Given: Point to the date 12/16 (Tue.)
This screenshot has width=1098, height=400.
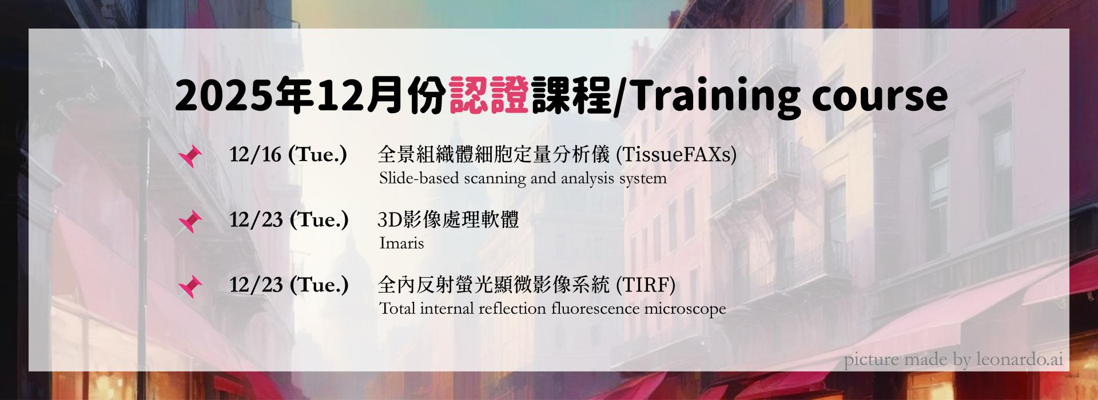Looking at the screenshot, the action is (x=288, y=154).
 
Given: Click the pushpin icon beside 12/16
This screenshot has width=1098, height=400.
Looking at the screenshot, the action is (x=190, y=156).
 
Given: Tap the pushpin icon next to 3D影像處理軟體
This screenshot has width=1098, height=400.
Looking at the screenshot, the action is (x=190, y=221).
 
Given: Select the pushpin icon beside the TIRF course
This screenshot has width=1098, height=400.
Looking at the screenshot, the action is (x=190, y=286).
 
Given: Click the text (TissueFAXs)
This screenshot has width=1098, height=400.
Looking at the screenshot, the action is (x=676, y=154).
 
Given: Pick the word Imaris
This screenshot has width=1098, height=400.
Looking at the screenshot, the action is (x=401, y=243).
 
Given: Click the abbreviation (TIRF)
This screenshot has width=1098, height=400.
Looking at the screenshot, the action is (x=645, y=285).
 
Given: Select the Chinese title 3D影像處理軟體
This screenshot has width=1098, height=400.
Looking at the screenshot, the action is (x=448, y=220).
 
